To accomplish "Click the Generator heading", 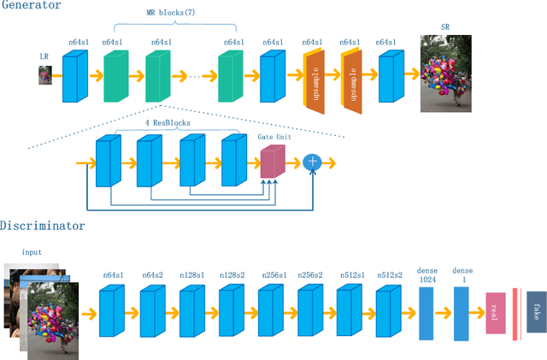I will tap(31, 6).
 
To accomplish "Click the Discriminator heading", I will tap(42, 227).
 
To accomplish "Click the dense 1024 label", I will tap(427, 274).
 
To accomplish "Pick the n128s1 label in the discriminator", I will tap(192, 274).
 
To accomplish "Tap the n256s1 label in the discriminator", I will tap(272, 274).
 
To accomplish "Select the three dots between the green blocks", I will tap(196, 77).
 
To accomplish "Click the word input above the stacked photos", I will tap(32, 252).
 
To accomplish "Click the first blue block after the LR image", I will tap(75, 77).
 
